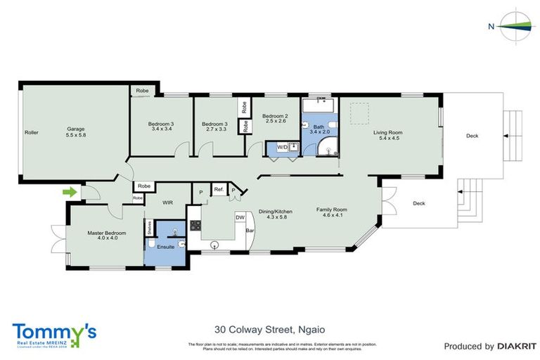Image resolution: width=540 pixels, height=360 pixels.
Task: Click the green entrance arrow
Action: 69,191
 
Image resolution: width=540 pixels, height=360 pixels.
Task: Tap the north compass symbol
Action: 512,26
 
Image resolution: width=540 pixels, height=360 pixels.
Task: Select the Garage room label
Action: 76,129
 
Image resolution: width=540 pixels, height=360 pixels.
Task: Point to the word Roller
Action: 31,132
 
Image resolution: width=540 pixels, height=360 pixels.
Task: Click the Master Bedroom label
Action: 106,233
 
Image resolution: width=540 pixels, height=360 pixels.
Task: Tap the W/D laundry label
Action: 283,147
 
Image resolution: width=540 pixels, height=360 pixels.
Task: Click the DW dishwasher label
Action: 240,217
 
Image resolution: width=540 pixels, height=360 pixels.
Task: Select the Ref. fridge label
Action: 218,189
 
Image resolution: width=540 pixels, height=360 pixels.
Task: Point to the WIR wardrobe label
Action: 167,202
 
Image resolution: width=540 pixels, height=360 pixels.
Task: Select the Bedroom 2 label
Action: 275,116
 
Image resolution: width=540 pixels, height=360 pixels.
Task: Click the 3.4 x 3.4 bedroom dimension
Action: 161,129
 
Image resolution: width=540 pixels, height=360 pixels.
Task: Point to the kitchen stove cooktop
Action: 195,225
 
